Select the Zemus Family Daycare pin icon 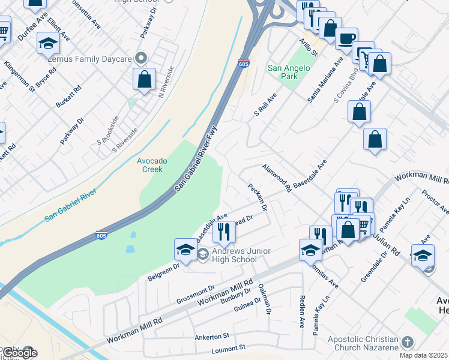(142, 58)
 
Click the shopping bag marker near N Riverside (145, 79)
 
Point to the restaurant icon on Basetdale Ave (224, 230)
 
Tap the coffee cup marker (346, 39)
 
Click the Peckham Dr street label (258, 197)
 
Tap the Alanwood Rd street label (276, 178)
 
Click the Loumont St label (229, 348)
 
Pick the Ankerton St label (212, 337)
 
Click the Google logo (19, 353)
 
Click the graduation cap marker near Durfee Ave (48, 44)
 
